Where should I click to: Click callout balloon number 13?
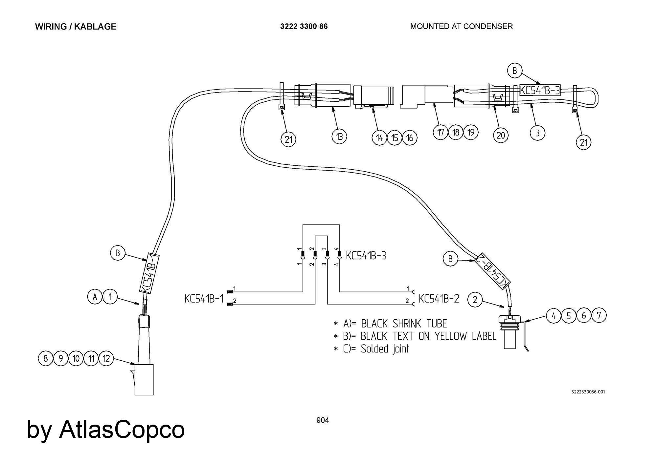(339, 136)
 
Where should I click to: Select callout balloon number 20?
(501, 135)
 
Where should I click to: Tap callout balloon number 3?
(537, 133)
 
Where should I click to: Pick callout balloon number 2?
(475, 299)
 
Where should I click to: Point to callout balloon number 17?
(441, 132)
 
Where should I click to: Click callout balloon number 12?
(106, 358)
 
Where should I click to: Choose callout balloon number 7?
(599, 315)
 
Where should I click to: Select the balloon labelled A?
(95, 297)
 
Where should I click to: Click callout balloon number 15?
(395, 138)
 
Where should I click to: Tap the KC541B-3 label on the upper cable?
(540, 90)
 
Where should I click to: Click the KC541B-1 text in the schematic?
(204, 299)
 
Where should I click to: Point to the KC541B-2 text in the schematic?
(439, 299)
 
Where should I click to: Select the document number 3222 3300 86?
(304, 26)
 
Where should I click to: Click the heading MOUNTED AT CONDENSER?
(461, 26)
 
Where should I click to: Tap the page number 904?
(323, 420)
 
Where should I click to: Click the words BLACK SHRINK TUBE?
(404, 324)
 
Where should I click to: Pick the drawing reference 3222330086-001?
(588, 392)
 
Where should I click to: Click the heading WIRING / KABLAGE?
(76, 27)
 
